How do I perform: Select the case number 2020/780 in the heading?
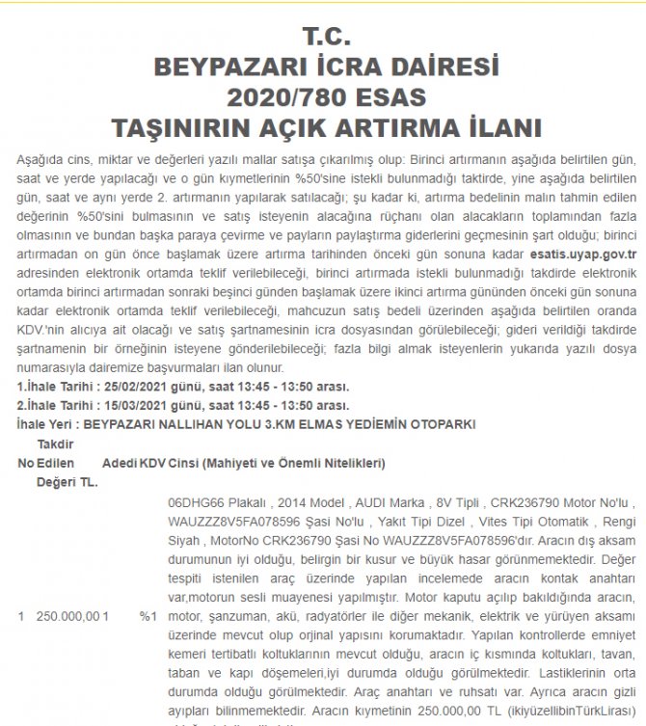[282, 97]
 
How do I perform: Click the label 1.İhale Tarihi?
[56, 387]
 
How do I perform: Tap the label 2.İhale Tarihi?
[56, 405]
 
